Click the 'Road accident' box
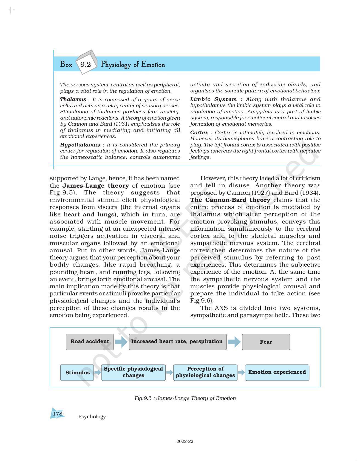pos(90,342)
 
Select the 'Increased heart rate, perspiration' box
pos(178,342)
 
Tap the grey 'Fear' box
pos(266,342)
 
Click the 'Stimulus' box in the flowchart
pos(77,372)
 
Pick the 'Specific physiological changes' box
pos(133,372)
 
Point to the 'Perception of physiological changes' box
pos(205,372)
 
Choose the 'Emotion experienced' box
pos(277,372)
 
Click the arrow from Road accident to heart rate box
pos(121,342)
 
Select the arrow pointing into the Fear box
pos(234,342)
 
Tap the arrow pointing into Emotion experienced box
pos(241,372)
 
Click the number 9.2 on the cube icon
pos(86,64)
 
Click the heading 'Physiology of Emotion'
pos(133,65)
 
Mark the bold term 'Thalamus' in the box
pos(73,99)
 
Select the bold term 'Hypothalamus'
pos(80,145)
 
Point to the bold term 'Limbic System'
pos(213,99)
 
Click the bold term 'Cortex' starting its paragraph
pos(199,132)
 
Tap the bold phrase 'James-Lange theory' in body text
pos(96,186)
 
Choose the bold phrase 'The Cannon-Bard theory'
pos(230,200)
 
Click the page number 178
pos(58,414)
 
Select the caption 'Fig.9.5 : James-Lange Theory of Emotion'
pos(185,398)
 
